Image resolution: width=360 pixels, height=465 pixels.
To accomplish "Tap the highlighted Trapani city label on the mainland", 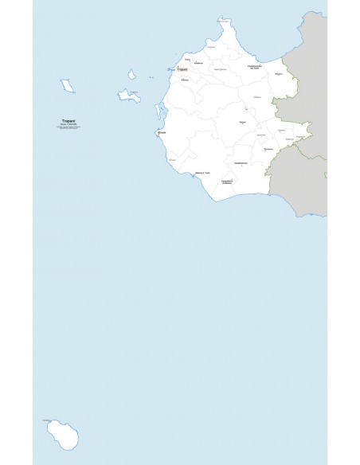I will click(x=183, y=71).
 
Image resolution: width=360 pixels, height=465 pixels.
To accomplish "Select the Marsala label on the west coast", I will click(x=162, y=133).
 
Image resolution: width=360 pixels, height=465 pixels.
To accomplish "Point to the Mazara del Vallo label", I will click(x=202, y=174).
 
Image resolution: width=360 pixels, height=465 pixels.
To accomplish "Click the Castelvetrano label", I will click(x=241, y=164).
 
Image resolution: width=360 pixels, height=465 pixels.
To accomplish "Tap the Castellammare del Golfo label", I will click(x=254, y=67).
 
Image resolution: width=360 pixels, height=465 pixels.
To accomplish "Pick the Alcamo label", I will click(x=279, y=74).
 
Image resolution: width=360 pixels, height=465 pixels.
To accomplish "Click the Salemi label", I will click(x=242, y=123).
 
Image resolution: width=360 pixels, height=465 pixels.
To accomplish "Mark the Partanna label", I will click(x=268, y=149).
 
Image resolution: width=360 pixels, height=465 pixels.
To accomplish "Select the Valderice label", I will click(x=198, y=63).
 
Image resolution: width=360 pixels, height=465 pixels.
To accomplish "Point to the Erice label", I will click(x=187, y=59).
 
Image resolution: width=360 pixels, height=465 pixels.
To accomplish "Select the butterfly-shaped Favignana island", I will click(x=129, y=96).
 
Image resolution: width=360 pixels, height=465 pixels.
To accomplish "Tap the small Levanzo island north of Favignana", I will click(x=131, y=74).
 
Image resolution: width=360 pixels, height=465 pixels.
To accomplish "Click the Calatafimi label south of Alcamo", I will click(x=257, y=97).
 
